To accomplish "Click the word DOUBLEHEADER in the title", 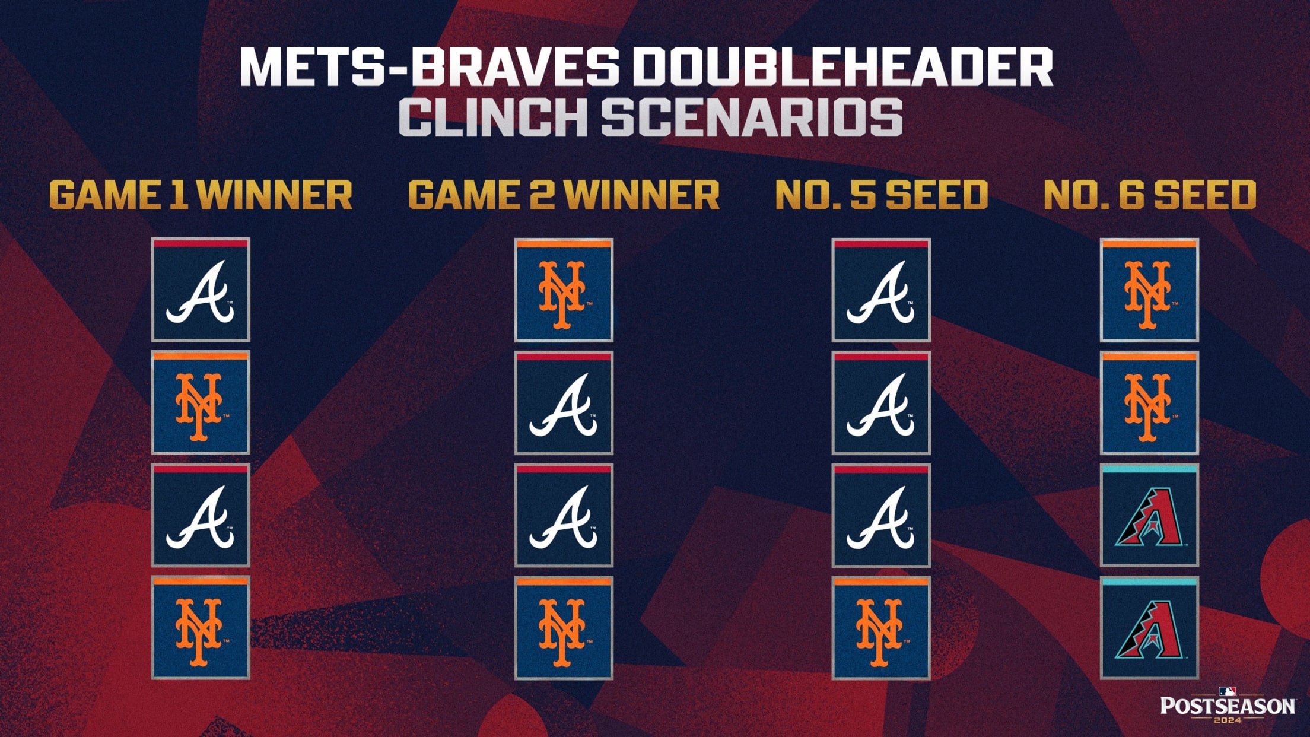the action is (841, 66).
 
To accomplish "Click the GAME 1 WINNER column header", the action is (201, 195).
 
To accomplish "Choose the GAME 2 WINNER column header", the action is (564, 195).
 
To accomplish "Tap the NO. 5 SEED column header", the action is (881, 195).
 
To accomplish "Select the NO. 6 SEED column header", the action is (1149, 195).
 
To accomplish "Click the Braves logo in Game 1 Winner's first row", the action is (201, 290).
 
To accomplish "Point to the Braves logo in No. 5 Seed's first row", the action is (881, 290).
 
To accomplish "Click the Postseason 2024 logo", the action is (1227, 705).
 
